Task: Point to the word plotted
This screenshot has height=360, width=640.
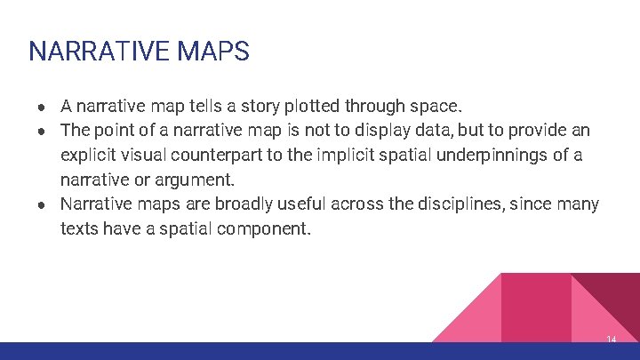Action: point(315,106)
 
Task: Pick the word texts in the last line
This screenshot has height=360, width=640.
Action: point(78,228)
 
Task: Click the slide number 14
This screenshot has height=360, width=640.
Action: point(611,340)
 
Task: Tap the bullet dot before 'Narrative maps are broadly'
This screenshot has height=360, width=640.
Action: point(42,204)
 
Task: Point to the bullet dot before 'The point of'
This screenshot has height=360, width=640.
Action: point(42,131)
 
